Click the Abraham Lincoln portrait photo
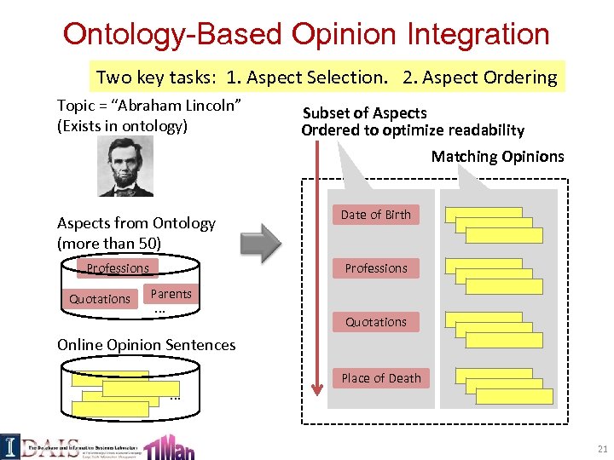click(x=125, y=167)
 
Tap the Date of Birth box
click(x=376, y=215)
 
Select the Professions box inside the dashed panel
click(x=376, y=268)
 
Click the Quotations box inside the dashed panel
click(x=376, y=322)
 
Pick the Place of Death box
click(x=381, y=378)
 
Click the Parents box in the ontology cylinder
click(x=171, y=294)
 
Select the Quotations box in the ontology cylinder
click(x=100, y=299)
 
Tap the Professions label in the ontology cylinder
click(x=118, y=268)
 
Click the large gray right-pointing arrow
click(x=260, y=243)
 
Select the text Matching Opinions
click(x=497, y=156)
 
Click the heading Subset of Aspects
click(x=365, y=113)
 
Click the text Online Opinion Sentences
click(x=146, y=345)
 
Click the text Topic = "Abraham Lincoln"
click(x=150, y=105)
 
